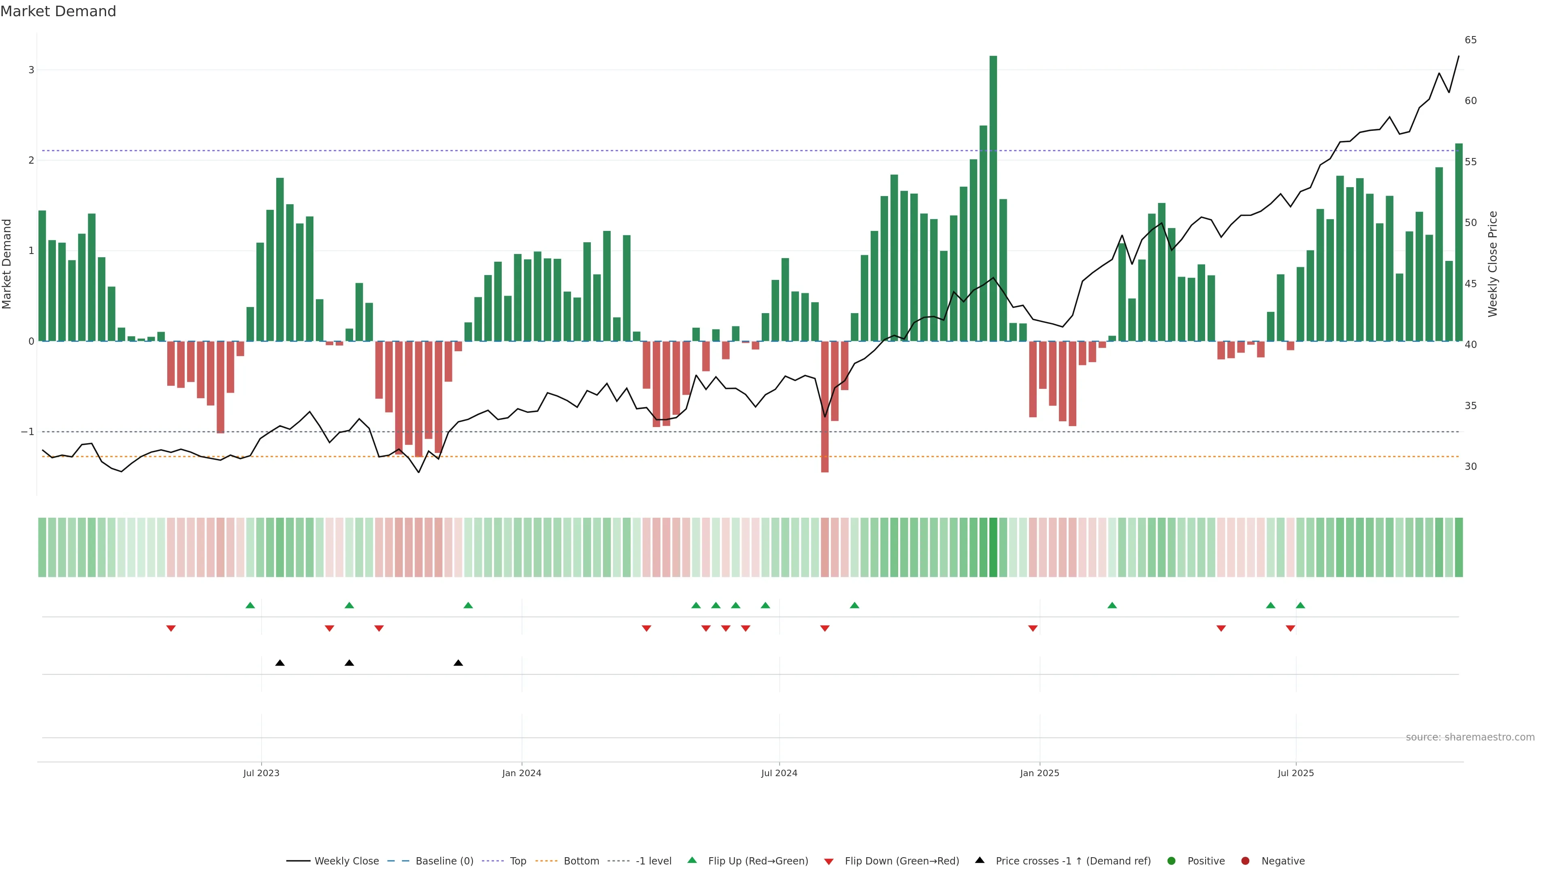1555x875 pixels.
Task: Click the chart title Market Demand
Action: (58, 11)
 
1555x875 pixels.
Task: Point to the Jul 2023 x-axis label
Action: (261, 773)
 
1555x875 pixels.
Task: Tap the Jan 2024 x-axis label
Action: (522, 773)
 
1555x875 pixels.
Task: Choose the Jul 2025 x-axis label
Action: (1295, 773)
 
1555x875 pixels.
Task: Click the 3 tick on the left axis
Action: (32, 70)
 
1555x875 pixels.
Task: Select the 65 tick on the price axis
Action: (1470, 40)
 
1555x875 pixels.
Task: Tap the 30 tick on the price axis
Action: (1470, 466)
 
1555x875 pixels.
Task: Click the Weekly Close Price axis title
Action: (1493, 264)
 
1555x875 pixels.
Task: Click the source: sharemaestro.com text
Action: (1470, 737)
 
